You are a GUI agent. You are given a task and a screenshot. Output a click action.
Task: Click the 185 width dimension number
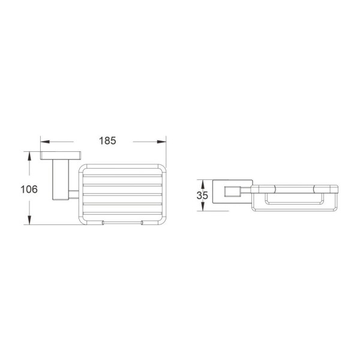click(107, 141)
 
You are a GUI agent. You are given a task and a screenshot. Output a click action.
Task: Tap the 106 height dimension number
click(29, 190)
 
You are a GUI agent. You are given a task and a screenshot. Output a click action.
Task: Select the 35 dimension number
click(202, 195)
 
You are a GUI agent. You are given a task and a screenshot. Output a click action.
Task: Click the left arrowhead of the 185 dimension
click(45, 142)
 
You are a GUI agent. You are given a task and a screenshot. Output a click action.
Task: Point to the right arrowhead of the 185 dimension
click(161, 142)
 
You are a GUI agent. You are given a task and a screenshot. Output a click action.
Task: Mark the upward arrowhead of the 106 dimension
click(29, 156)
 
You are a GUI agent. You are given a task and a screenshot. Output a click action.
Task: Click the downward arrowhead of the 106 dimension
click(29, 220)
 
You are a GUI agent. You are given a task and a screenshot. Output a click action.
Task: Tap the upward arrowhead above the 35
click(203, 184)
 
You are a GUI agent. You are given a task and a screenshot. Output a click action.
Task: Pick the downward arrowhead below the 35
click(203, 206)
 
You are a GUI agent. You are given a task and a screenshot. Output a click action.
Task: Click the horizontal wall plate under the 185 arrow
click(61, 155)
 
